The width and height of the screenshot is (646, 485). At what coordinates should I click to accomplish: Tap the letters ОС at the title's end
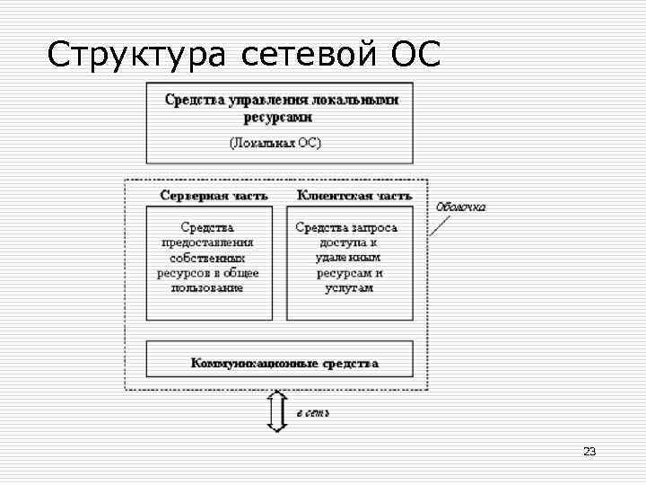coord(415,55)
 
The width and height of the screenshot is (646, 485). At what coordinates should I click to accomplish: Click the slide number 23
coord(589,451)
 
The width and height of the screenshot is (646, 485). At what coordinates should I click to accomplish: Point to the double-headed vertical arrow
coord(277,411)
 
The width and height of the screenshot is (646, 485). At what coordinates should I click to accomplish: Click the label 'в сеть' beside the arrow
coord(312,413)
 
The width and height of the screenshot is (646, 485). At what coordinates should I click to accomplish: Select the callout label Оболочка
coord(461,207)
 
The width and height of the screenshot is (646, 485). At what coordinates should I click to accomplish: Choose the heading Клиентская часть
coord(354,194)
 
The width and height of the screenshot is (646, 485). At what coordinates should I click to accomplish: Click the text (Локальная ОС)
coord(276,143)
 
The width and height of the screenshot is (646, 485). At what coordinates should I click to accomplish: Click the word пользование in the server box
coord(207,288)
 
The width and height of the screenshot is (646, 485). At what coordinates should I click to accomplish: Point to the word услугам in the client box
coord(347,288)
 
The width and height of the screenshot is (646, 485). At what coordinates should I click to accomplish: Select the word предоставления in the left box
coord(207,242)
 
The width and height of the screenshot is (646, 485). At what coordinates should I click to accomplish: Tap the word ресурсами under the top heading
coord(278,117)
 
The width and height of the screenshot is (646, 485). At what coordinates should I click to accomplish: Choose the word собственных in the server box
coord(207,258)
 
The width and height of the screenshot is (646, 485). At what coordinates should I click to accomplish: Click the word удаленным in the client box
coord(347,258)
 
